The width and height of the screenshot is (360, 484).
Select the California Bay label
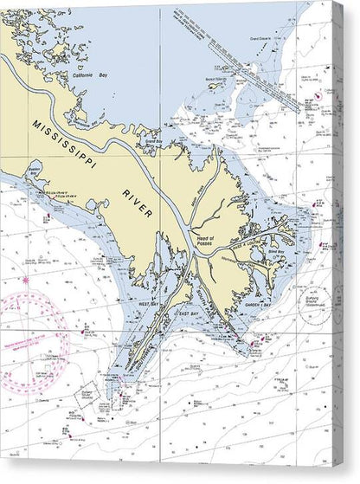point(87,76)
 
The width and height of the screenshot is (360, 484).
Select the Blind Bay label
point(275,258)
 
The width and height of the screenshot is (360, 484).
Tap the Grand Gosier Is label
point(258,40)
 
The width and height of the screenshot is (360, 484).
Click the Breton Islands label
point(216,79)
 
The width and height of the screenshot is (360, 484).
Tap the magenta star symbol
point(25,281)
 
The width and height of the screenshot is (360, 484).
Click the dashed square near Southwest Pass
point(94,393)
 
